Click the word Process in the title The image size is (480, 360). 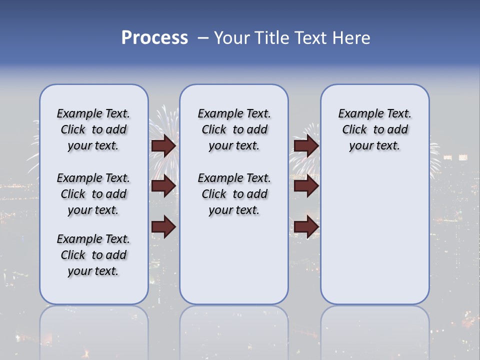coord(154,38)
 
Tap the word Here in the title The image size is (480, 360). coord(352,38)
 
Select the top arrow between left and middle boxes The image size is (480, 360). coord(163,145)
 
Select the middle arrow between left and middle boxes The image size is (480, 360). coord(163,186)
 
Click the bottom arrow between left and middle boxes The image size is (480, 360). coord(163,226)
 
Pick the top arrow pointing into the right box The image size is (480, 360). coord(306,145)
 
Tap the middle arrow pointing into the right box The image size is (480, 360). coord(306,186)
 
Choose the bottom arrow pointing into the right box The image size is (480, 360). coord(306,226)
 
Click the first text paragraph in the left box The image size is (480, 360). coord(93,129)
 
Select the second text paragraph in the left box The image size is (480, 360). coord(93,194)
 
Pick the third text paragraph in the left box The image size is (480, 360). coord(93,255)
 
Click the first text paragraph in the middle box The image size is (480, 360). coord(234,129)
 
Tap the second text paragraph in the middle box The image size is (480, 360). coord(234,194)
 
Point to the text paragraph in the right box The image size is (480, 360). coord(374,129)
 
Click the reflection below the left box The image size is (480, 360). coord(94,330)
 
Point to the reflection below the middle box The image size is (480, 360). coord(234,330)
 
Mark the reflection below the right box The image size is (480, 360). coord(374,330)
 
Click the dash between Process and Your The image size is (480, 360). coord(203,38)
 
